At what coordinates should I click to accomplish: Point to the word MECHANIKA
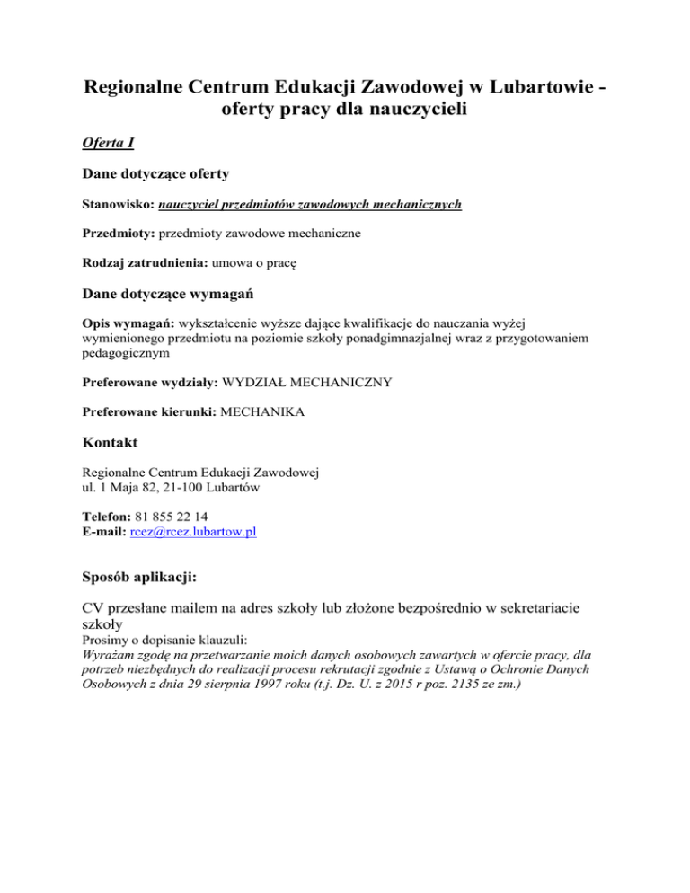[x=261, y=412]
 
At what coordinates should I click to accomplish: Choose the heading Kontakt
[x=111, y=443]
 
